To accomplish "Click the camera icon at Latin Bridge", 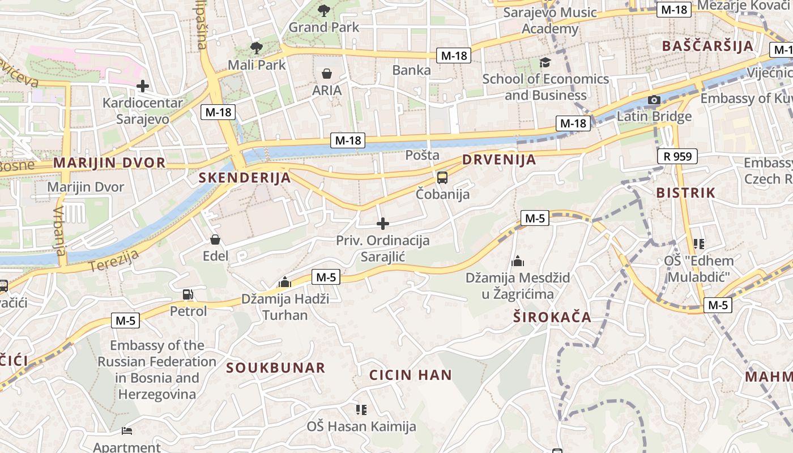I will point(654,100).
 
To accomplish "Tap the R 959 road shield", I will point(677,156).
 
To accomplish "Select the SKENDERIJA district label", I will point(244,178).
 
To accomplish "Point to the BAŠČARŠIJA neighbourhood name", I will point(707,46).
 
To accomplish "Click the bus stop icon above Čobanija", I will point(442,178).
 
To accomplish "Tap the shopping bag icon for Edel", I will point(215,240).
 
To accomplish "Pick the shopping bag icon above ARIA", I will point(327,74).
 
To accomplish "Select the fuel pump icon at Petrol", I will point(187,294).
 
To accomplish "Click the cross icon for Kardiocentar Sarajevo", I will point(143,86).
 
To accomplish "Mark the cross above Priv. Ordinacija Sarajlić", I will point(383,224).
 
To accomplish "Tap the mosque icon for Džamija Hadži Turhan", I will point(285,282).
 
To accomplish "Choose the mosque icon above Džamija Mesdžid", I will point(518,262).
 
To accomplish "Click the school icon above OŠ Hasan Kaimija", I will point(361,409).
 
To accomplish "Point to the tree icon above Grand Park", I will point(324,10).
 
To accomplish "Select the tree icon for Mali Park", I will point(257,48).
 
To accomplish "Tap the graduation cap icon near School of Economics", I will point(545,62).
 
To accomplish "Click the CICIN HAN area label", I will point(411,375).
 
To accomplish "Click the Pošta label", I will point(423,155).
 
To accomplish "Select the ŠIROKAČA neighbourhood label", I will point(552,317).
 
